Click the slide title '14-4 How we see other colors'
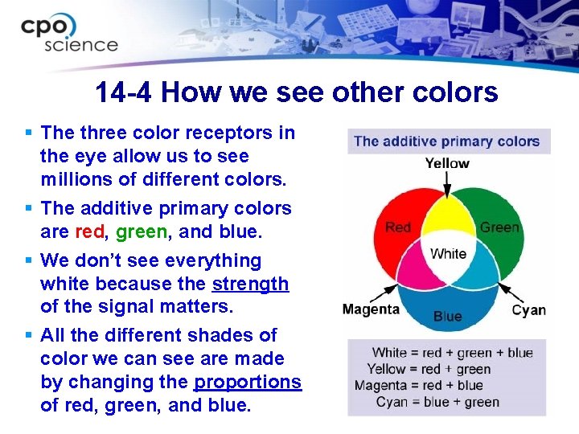[x=296, y=92]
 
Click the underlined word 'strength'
[x=250, y=284]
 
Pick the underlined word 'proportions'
[x=248, y=382]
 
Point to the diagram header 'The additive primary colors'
[x=446, y=141]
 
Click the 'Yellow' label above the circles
[x=447, y=163]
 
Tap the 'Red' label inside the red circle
[x=398, y=227]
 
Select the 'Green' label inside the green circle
[x=499, y=227]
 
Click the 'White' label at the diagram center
[x=448, y=254]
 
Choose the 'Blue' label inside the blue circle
[x=447, y=316]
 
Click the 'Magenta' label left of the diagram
[x=371, y=309]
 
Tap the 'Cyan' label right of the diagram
[x=528, y=309]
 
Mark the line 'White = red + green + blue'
[x=452, y=353]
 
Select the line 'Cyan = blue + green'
[x=437, y=402]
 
